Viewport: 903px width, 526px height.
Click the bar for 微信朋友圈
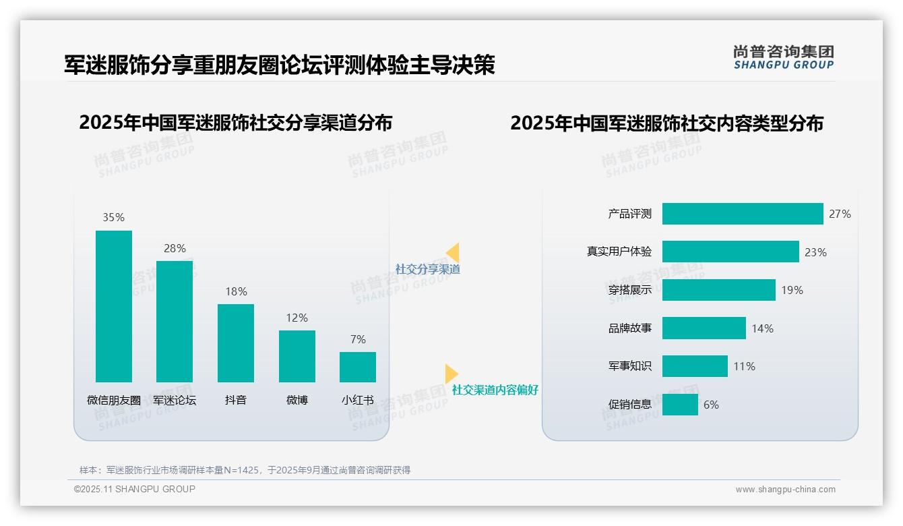(114, 306)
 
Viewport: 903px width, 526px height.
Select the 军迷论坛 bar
(175, 322)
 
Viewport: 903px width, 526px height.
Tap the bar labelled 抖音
(236, 343)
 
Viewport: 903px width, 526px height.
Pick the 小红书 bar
(358, 367)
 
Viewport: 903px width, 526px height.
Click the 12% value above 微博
(297, 318)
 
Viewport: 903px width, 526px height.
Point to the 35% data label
(114, 217)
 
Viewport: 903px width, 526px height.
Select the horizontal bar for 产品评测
(743, 214)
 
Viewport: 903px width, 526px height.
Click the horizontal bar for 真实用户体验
(730, 252)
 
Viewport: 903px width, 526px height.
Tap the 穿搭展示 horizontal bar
(718, 290)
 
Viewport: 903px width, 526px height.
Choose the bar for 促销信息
(680, 405)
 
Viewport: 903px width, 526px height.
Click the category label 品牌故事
(630, 328)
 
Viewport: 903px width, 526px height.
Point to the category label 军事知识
(630, 366)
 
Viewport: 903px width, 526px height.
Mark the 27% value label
(840, 214)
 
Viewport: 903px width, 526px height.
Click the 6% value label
(711, 405)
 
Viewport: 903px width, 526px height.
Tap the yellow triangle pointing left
(453, 252)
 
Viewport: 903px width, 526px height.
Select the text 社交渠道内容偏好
(495, 390)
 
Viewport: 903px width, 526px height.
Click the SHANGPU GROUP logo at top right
(783, 57)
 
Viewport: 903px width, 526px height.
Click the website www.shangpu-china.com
(785, 490)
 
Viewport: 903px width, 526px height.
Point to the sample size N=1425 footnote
(245, 470)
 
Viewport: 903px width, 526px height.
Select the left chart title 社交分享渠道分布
(235, 123)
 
